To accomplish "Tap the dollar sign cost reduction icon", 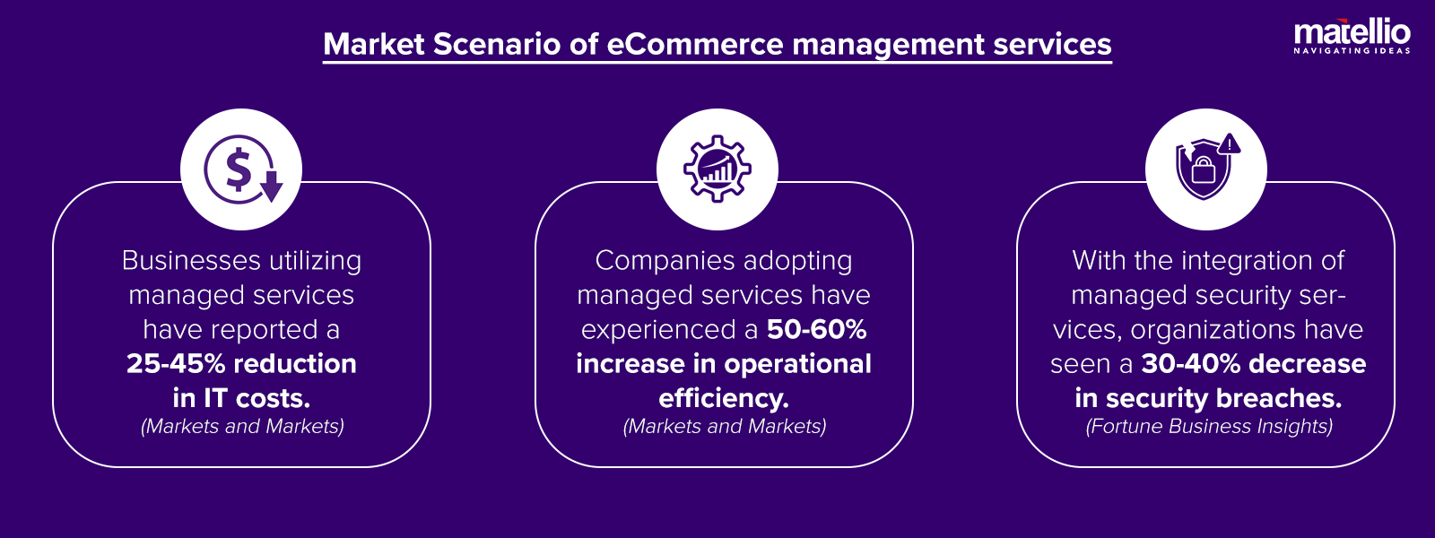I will coord(241,169).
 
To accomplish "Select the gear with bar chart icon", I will coord(717,169).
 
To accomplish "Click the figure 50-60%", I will coord(816,329).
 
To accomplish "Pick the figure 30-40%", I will coord(1191,363).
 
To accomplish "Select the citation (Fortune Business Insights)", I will coord(1208,427).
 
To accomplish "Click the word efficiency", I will coord(723,398).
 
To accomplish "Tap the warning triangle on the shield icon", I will coord(1230,144).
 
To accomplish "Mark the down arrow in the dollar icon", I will coord(271,187).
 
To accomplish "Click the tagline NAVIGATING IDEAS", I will coord(1352,51).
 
